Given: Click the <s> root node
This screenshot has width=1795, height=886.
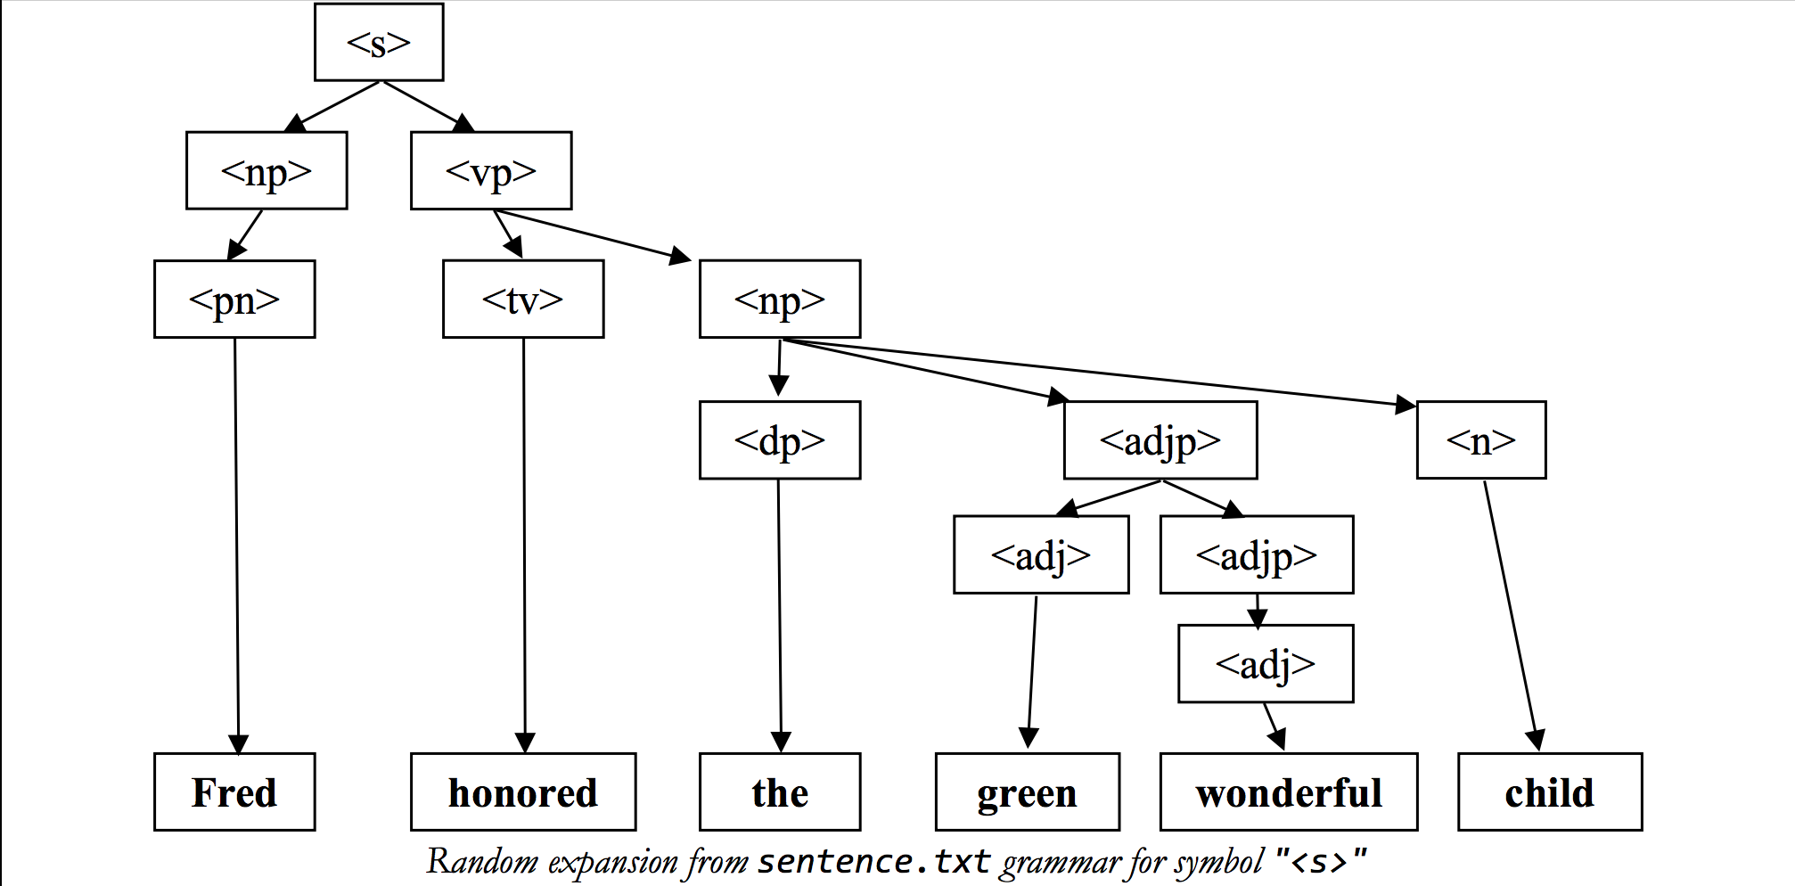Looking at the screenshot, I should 379,42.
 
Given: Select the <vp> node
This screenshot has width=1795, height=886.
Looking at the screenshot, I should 491,170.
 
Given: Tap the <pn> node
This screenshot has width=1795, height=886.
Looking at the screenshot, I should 234,299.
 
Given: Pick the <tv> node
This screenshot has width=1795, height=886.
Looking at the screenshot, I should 523,299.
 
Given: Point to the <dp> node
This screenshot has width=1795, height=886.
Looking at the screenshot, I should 780,439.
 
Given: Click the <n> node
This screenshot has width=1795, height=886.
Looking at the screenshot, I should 1481,439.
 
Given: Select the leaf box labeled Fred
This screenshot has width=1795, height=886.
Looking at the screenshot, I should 234,792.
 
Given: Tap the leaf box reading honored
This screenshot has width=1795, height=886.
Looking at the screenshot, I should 523,792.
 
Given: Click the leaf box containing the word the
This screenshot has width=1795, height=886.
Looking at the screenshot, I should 780,792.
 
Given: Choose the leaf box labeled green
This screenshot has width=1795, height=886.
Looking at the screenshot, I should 1028,792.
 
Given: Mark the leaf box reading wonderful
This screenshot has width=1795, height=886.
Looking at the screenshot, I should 1289,792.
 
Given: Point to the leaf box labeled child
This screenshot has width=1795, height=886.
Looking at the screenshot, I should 1550,792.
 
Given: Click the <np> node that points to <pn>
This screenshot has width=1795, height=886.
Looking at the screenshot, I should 266,170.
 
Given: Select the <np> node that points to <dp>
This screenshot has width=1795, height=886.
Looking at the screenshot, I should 780,299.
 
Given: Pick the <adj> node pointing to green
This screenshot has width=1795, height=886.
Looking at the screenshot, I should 1041,554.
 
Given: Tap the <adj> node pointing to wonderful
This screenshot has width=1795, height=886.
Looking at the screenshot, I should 1266,663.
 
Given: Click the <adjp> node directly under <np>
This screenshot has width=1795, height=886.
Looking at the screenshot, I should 1160,439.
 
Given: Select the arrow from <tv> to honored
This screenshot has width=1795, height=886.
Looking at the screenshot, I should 524,544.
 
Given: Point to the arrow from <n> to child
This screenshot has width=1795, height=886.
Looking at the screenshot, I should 1510,615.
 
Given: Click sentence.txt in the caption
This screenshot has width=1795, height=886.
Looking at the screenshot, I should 873,862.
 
